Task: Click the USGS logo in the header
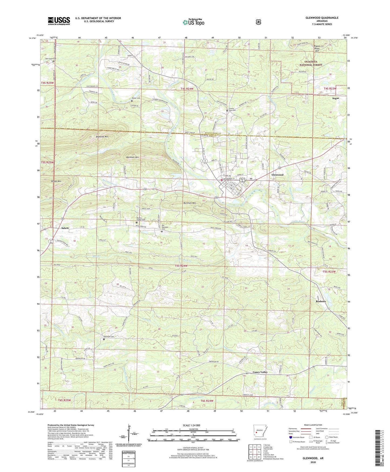click(x=59, y=21)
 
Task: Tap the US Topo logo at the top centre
click(x=193, y=22)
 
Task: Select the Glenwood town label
click(x=277, y=175)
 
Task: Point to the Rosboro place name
click(x=321, y=301)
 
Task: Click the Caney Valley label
click(x=260, y=372)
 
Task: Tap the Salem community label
click(x=65, y=228)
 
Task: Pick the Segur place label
click(x=335, y=98)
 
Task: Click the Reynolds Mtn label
click(x=103, y=137)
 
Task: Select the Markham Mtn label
click(x=133, y=157)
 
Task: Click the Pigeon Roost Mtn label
click(x=317, y=48)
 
